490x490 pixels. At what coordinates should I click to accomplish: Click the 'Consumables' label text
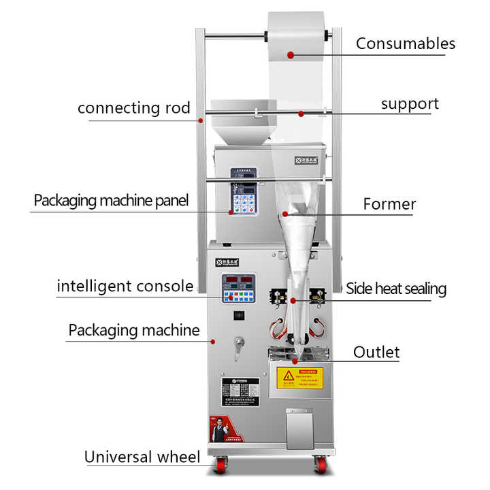[405, 44]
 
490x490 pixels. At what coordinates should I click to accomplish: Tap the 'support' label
[409, 104]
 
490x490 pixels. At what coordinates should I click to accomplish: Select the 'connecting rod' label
[133, 108]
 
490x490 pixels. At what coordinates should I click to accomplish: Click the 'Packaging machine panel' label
[111, 201]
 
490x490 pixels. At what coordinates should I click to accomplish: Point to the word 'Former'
[389, 204]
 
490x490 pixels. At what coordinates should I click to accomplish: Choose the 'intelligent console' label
[125, 287]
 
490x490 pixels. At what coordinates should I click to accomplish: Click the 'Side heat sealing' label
[396, 289]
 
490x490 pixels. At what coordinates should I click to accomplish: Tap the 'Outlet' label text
[376, 353]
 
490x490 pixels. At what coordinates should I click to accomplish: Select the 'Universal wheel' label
[142, 457]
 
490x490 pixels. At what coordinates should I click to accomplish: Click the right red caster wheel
[320, 464]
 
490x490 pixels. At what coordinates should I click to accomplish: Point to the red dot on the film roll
[291, 54]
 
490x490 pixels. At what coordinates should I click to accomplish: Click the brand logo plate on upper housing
[310, 160]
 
